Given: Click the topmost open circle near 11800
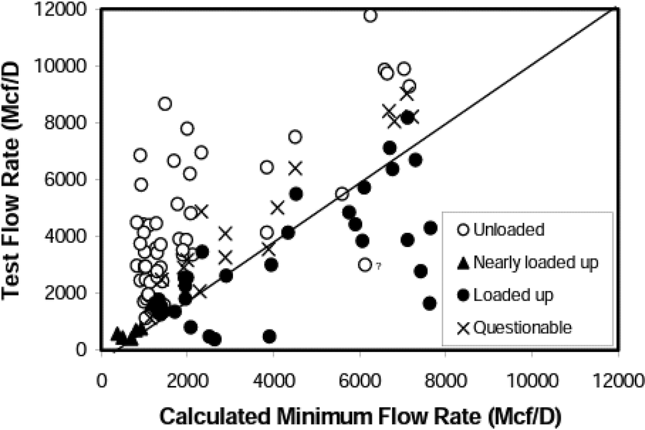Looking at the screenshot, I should point(370,15).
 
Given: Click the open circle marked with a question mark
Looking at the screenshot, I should point(364,264).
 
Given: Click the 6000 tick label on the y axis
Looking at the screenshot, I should point(75,180).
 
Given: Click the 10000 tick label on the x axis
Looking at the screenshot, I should point(532,383).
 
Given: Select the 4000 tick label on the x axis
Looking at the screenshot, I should point(273,383).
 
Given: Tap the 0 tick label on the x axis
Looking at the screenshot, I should point(101,383).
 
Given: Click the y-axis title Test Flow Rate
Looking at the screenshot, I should point(19,180).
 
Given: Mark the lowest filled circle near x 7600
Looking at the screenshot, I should point(429,303).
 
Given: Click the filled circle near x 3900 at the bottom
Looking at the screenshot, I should point(270,336).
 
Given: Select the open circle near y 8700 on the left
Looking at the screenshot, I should point(165,103).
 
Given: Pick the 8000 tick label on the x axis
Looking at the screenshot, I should point(445,383).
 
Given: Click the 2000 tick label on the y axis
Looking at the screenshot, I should point(75,293).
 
